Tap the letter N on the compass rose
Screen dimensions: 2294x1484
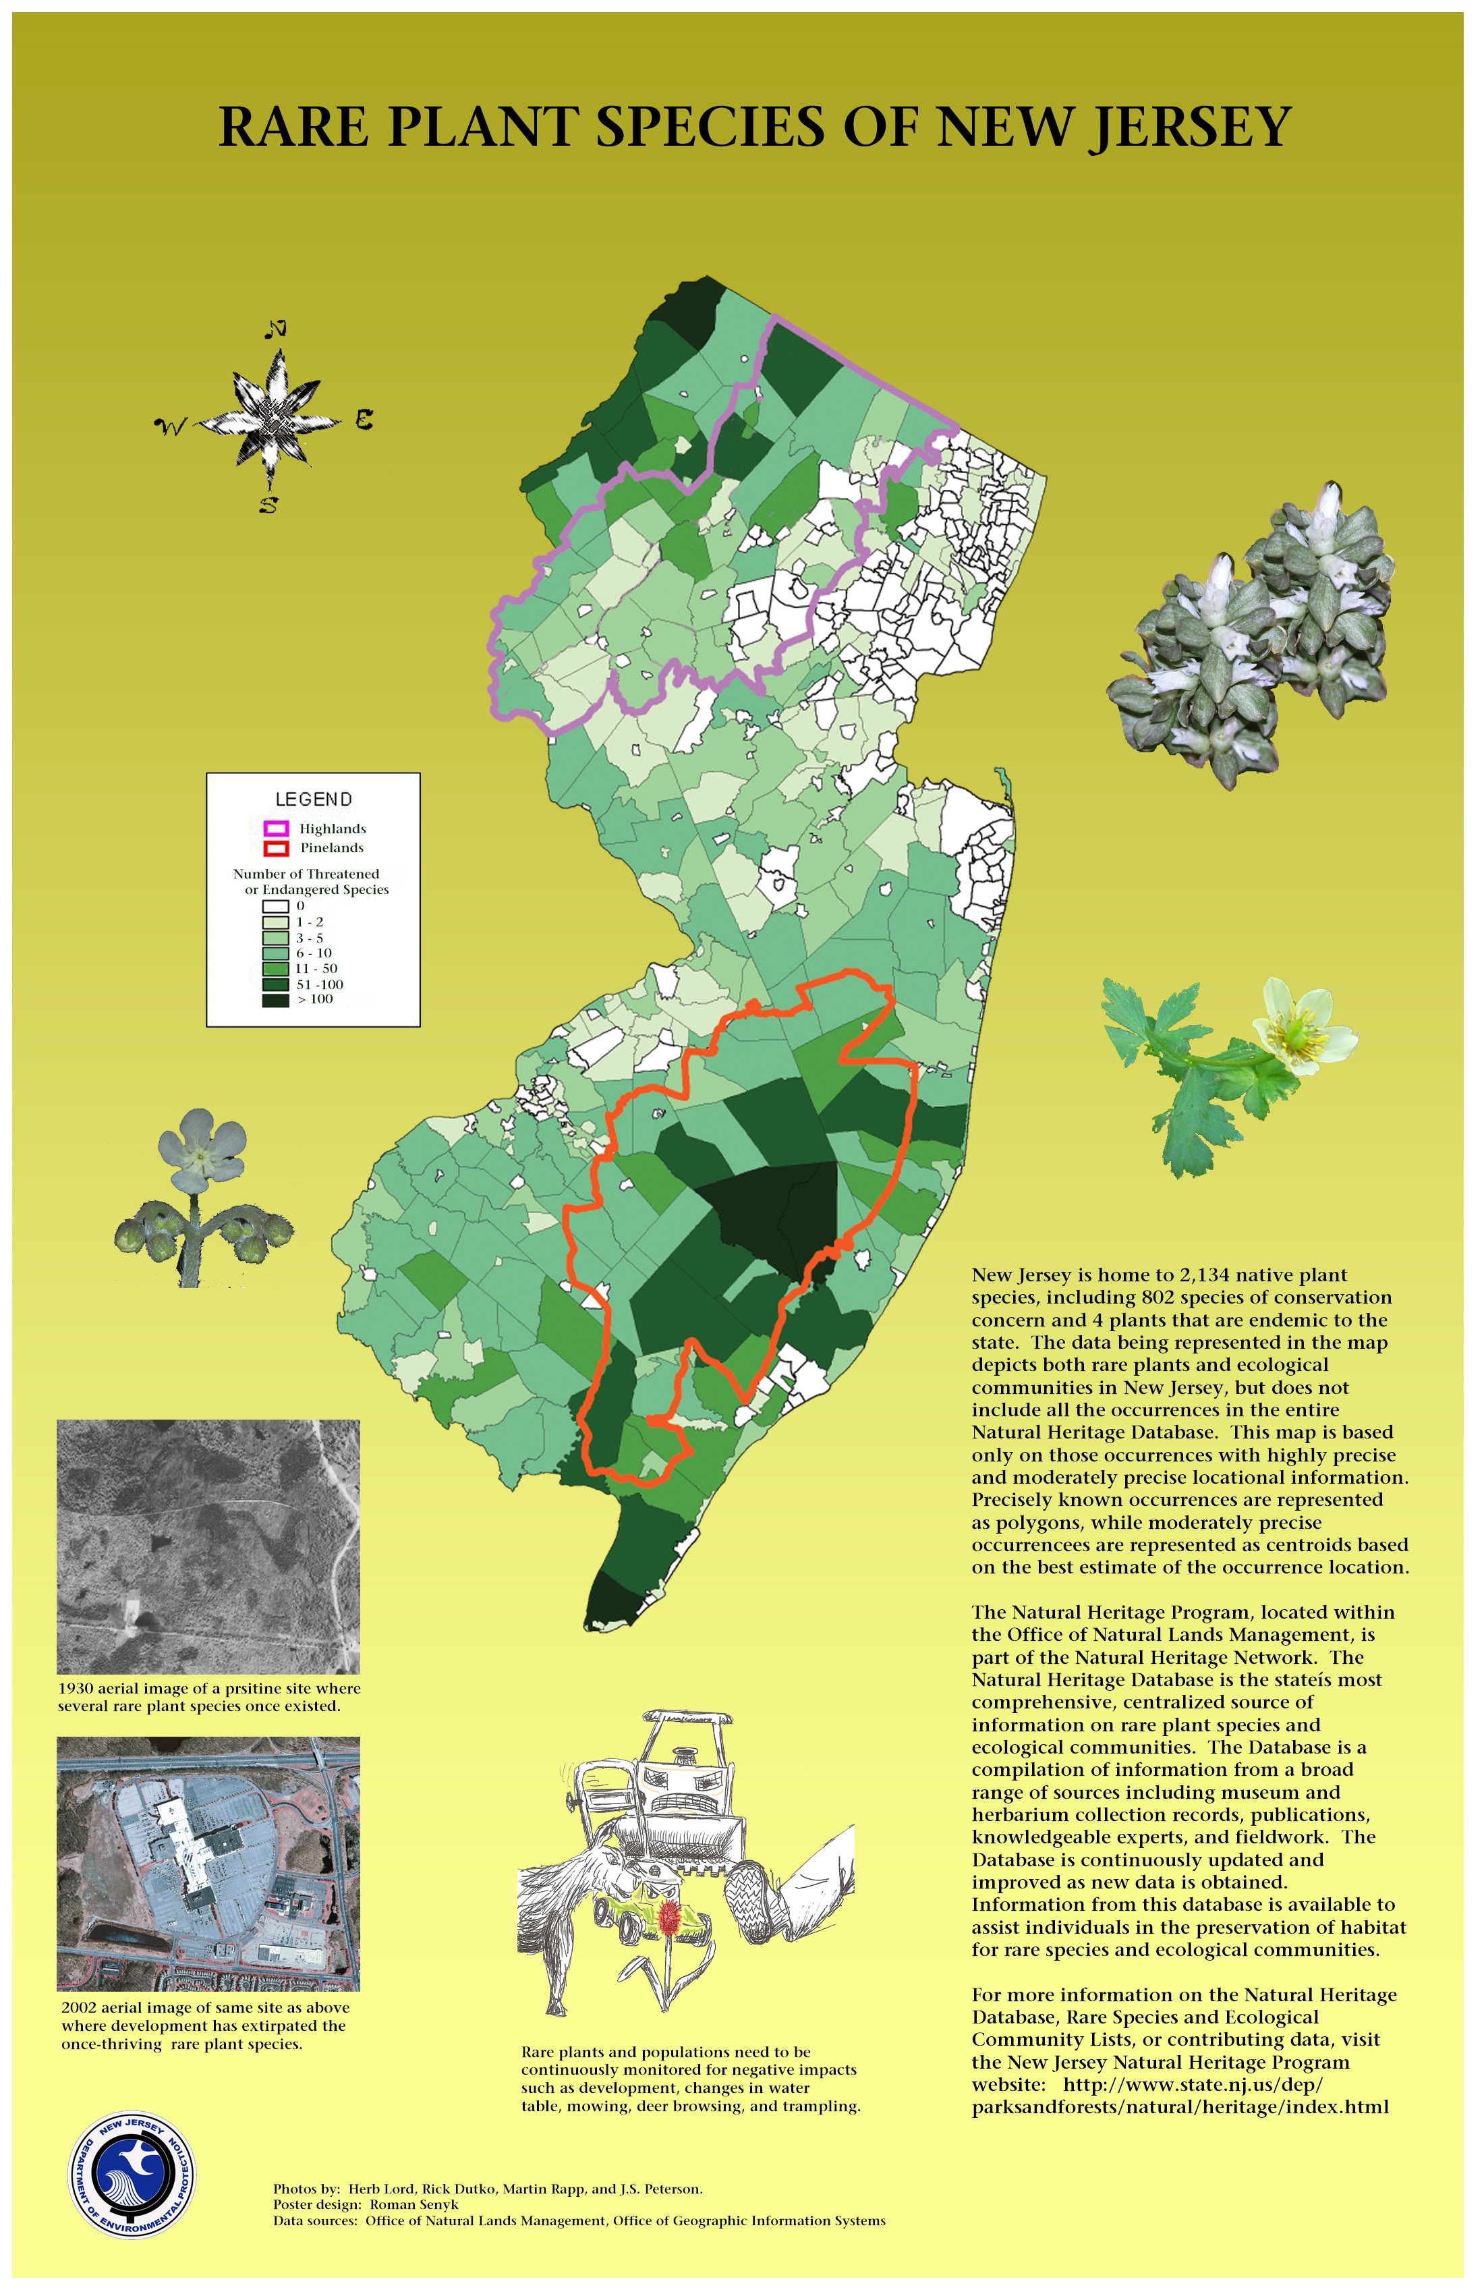(276, 330)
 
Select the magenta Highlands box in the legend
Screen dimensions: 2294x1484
(277, 829)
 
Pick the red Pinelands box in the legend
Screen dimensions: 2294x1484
(277, 848)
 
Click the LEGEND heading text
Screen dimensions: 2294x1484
(313, 799)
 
